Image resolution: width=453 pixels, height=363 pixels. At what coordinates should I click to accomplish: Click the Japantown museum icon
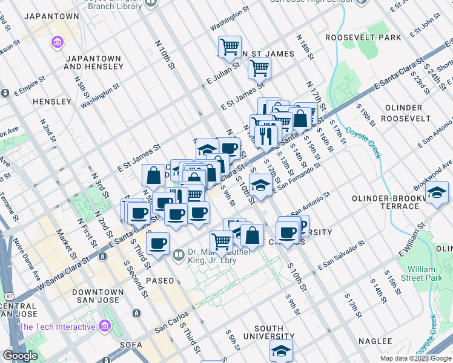[x=58, y=42]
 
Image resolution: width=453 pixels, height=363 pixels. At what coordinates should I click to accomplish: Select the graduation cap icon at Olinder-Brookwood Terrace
[x=436, y=193]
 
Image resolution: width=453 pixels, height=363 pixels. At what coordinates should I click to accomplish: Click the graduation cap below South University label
[x=281, y=350]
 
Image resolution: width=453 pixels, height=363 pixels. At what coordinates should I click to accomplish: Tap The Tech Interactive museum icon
[x=105, y=327]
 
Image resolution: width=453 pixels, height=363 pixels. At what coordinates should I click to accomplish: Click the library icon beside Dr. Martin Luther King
[x=178, y=255]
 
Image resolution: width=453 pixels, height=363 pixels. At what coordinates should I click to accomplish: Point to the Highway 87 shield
[x=10, y=296]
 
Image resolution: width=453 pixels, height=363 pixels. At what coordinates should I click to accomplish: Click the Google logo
[x=21, y=356]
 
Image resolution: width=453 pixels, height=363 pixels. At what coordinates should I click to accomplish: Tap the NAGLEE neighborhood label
[x=375, y=341]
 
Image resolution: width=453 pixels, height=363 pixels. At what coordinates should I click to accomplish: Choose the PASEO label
[x=159, y=281]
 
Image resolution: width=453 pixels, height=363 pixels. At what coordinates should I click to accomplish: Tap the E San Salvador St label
[x=341, y=255]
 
